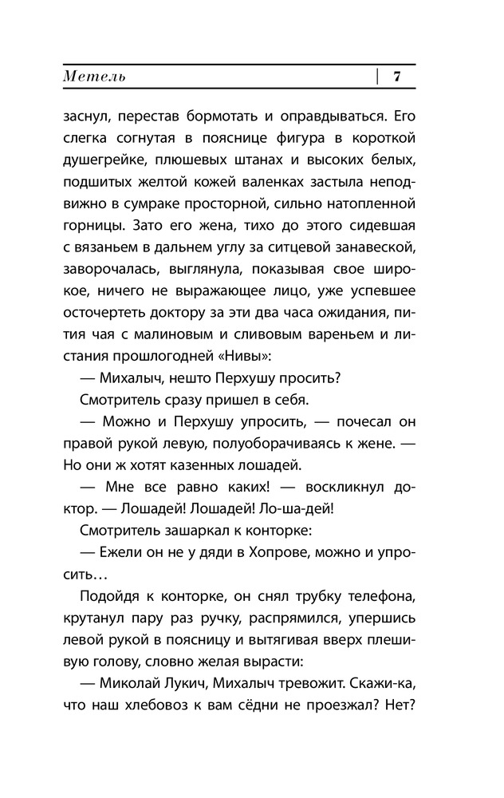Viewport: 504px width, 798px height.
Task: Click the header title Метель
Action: (94, 77)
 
